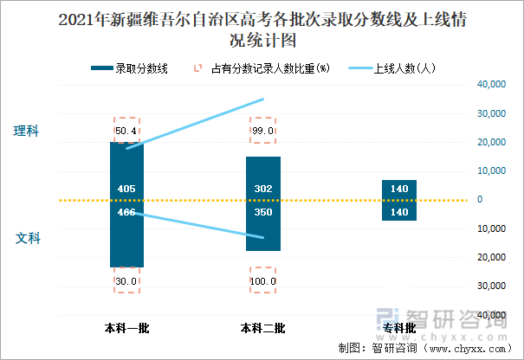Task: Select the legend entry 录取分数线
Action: (x=143, y=67)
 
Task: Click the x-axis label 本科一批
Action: (x=126, y=328)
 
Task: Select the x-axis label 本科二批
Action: (x=262, y=328)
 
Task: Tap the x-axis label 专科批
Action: (x=398, y=328)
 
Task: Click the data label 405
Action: (x=126, y=189)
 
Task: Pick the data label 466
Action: (x=126, y=211)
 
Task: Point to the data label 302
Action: (x=263, y=189)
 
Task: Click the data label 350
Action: (x=263, y=211)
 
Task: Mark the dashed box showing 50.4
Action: (x=126, y=130)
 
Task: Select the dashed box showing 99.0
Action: (x=263, y=130)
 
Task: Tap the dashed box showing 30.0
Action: (x=126, y=280)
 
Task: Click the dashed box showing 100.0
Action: (x=263, y=280)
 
